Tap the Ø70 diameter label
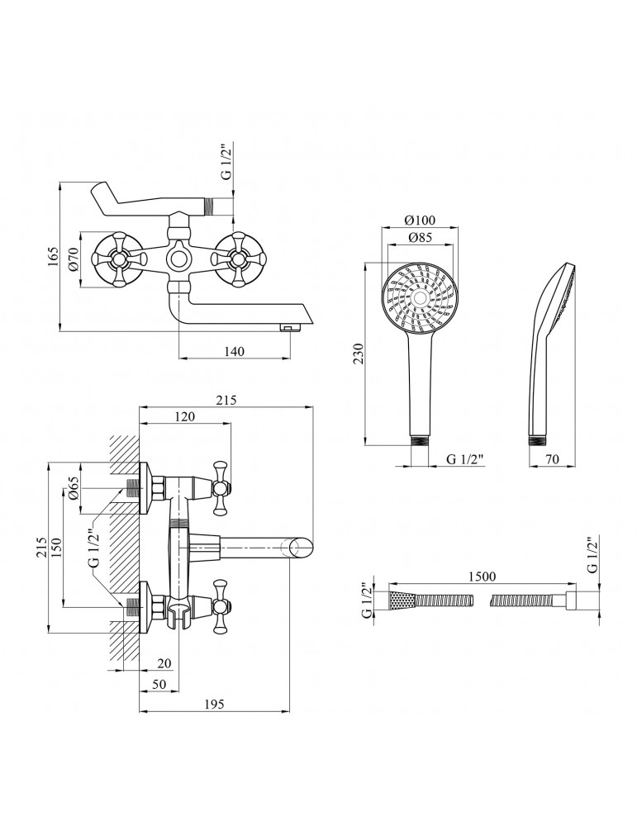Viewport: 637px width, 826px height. click(x=72, y=260)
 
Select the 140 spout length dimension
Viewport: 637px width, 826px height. click(x=234, y=351)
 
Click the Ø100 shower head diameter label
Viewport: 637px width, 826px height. click(x=421, y=221)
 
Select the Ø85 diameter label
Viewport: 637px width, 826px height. click(x=421, y=240)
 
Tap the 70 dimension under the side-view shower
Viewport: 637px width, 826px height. click(x=553, y=459)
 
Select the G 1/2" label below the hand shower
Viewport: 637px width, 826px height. click(x=463, y=459)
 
